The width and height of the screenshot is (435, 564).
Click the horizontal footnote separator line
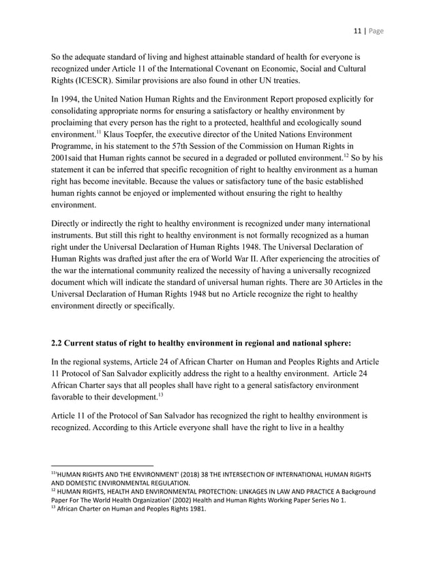pos(102,464)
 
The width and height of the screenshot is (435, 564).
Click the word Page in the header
pos(378,31)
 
